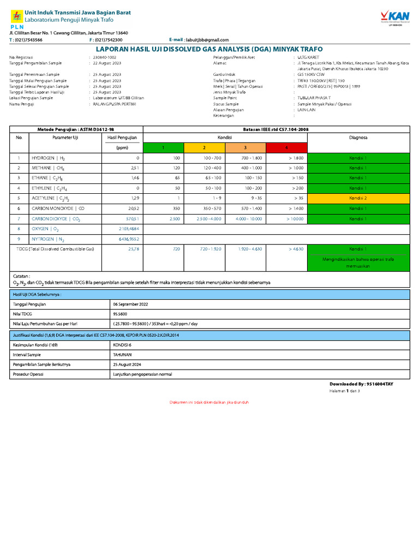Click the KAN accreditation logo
(394, 16)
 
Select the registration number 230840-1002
(104, 57)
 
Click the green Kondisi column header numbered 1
(163, 147)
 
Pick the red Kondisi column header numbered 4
(286, 147)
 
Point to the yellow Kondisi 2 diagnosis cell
(358, 198)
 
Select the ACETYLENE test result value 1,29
(135, 198)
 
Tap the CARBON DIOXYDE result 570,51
(133, 218)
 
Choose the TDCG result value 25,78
(134, 249)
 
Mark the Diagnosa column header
(358, 138)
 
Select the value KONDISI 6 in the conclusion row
(122, 344)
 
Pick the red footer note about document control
(209, 402)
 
